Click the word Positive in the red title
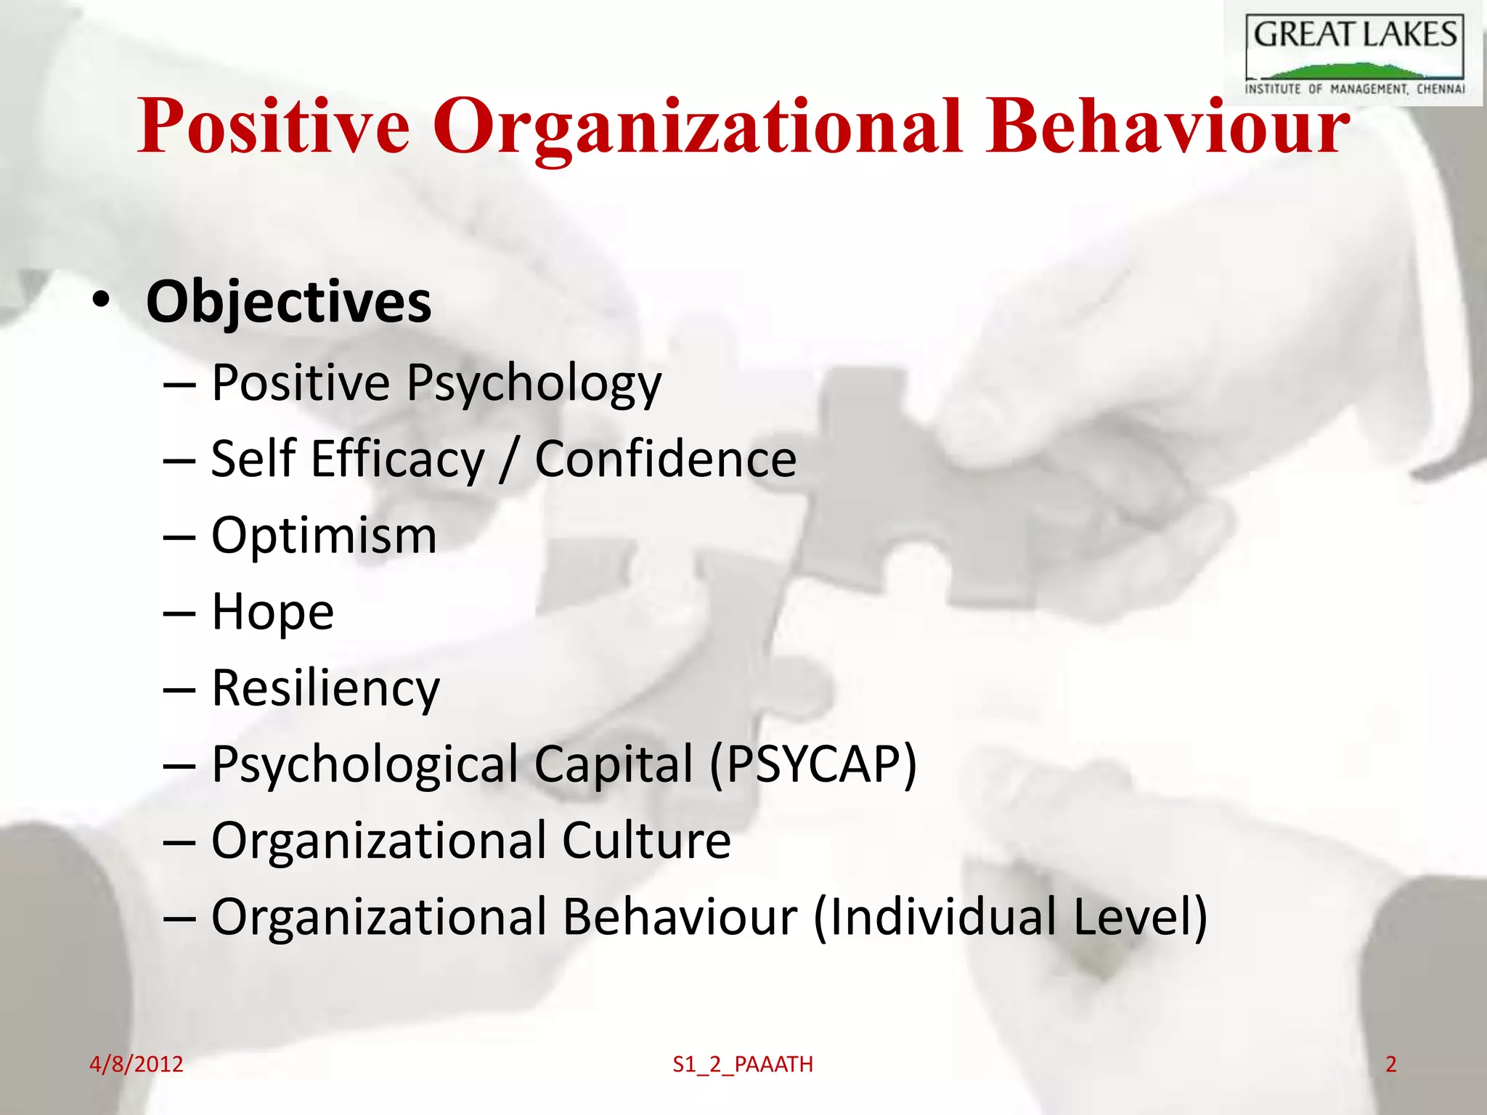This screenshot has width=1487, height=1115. coord(274,127)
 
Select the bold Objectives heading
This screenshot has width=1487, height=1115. coord(288,302)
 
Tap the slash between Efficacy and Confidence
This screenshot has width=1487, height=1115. coord(509,460)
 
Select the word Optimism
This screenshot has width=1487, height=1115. coord(324,536)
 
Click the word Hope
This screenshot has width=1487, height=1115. coord(272,612)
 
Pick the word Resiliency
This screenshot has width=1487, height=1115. coord(325,688)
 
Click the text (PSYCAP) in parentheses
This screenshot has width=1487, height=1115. coord(813,764)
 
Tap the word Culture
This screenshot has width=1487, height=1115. coord(645,841)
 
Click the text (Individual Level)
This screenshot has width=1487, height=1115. coord(1010,917)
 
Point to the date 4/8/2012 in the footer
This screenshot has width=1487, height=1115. coord(136,1064)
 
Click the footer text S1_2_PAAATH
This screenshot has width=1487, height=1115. coord(743,1065)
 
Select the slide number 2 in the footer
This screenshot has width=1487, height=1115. coord(1390,1064)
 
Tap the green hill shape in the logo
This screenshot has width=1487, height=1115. coord(1350,71)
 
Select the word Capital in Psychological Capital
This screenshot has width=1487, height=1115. coord(614,764)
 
